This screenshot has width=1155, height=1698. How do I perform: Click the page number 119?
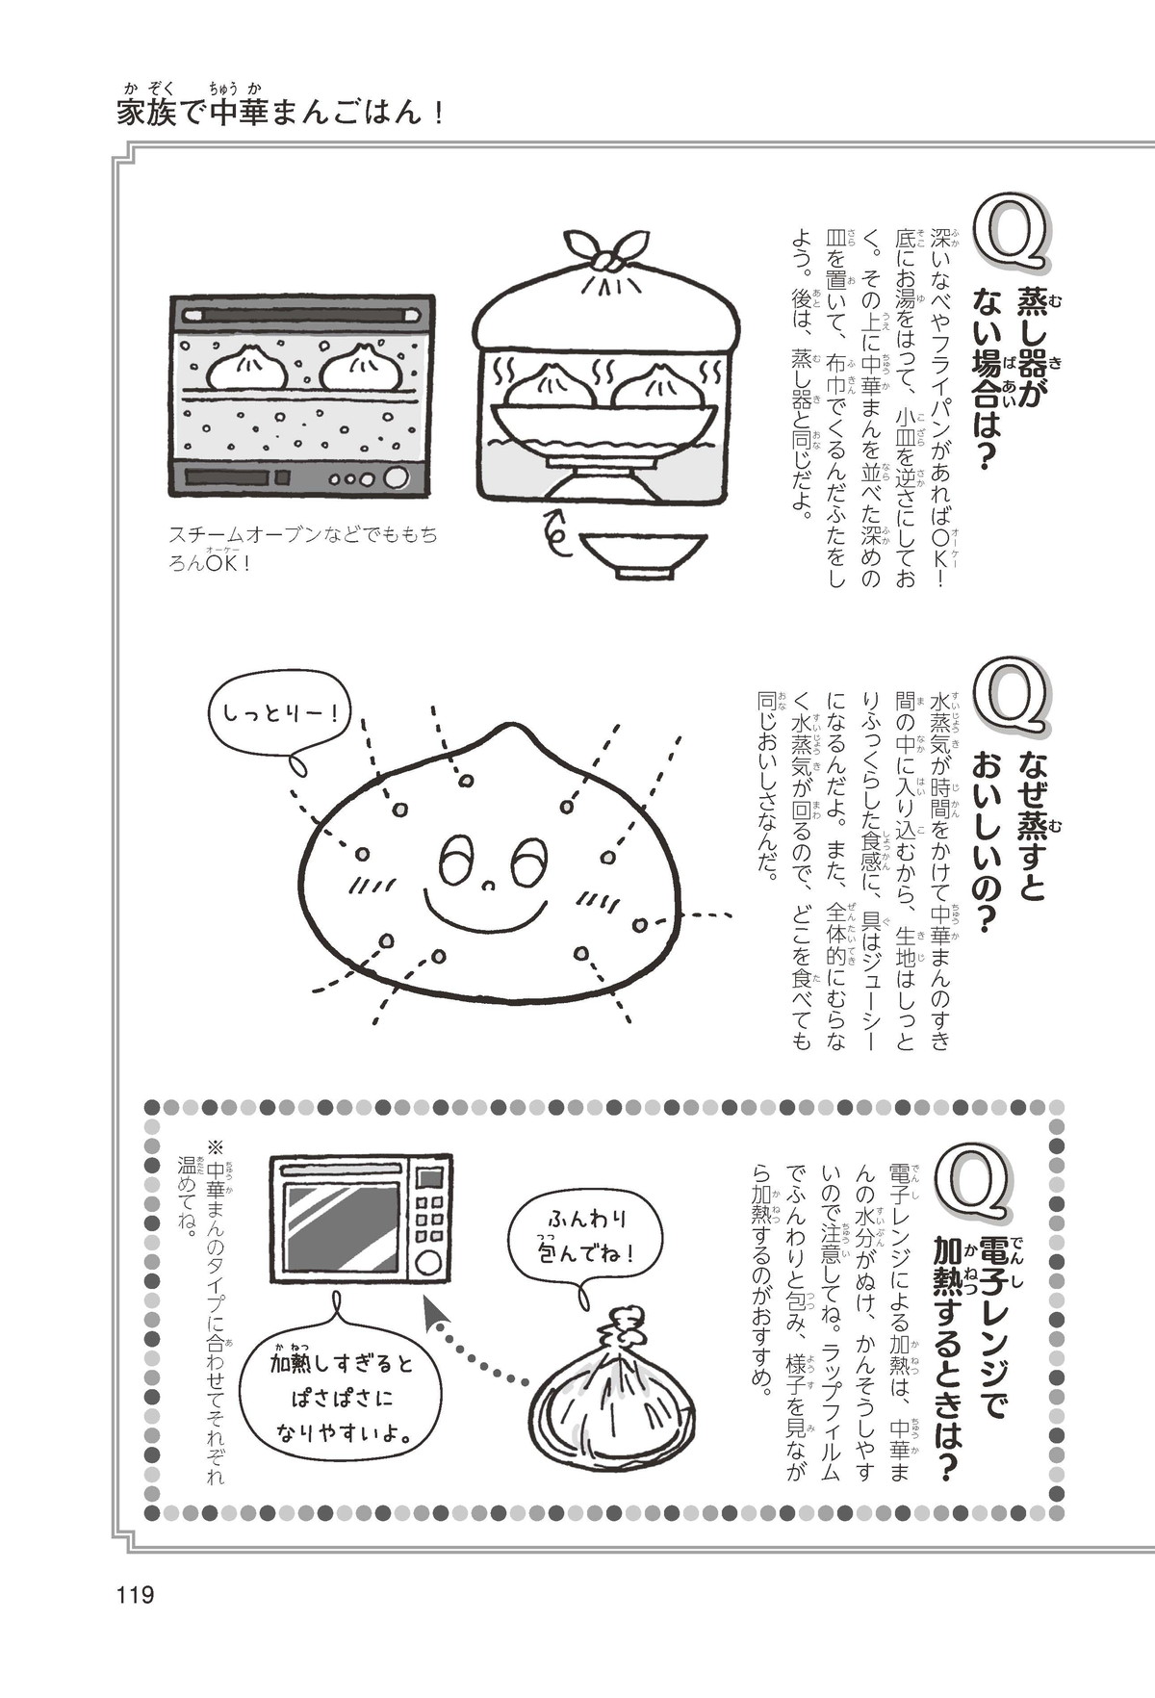[135, 1595]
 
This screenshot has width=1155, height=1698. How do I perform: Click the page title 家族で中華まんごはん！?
[280, 113]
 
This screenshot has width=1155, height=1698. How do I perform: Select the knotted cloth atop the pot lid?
[605, 252]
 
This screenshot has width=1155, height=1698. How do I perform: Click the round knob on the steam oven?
[396, 477]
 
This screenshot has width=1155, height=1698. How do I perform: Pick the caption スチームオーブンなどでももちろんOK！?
[302, 550]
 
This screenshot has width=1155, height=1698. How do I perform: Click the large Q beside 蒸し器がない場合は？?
[1011, 228]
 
